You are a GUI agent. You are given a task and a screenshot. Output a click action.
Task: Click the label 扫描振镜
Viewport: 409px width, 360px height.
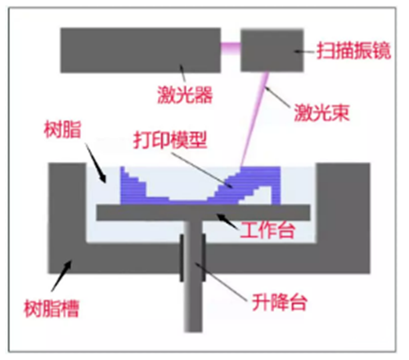pyautogui.click(x=353, y=51)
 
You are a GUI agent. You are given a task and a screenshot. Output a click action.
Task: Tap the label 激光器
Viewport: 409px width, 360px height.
pyautogui.click(x=185, y=95)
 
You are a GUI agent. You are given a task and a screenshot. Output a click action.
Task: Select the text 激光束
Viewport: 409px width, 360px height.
pyautogui.click(x=321, y=112)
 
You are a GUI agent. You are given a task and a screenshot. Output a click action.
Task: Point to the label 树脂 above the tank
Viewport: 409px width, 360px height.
pyautogui.click(x=62, y=130)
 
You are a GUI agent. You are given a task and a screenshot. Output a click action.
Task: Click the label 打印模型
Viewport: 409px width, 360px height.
pyautogui.click(x=170, y=140)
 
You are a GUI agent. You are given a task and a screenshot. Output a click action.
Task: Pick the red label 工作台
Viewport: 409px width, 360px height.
pyautogui.click(x=267, y=231)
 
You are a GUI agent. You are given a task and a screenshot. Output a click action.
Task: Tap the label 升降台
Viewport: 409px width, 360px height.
pyautogui.click(x=280, y=302)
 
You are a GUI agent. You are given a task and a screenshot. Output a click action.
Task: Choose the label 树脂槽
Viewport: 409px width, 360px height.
pyautogui.click(x=52, y=308)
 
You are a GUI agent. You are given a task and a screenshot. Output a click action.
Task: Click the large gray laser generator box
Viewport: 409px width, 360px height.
pyautogui.click(x=141, y=50)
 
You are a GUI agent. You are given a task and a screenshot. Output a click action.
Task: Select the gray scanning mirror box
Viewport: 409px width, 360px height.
pyautogui.click(x=272, y=51)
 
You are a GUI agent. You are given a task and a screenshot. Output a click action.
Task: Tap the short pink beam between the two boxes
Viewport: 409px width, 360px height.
pyautogui.click(x=231, y=48)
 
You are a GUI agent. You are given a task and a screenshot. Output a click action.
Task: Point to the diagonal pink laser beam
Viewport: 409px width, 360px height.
pyautogui.click(x=254, y=119)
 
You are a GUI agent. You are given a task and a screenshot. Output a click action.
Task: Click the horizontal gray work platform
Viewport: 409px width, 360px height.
pyautogui.click(x=204, y=213)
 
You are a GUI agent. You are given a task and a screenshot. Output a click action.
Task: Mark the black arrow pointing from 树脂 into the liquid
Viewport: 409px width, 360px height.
pyautogui.click(x=96, y=163)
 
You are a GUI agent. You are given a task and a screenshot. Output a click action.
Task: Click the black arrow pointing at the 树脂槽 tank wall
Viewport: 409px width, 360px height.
pyautogui.click(x=61, y=276)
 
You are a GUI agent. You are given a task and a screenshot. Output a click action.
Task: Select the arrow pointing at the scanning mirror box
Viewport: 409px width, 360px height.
pyautogui.click(x=304, y=52)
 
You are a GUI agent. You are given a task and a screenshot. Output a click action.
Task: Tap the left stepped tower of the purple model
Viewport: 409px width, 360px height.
pyautogui.click(x=133, y=186)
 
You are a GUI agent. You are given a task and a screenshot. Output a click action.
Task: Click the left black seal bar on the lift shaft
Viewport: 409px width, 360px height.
pyautogui.click(x=182, y=258)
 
